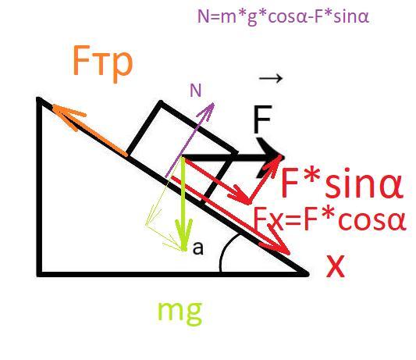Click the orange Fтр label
(102, 64)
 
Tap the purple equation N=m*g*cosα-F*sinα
(283, 16)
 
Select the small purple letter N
(196, 91)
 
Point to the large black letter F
(263, 119)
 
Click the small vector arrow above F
(271, 78)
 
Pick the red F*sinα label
(343, 184)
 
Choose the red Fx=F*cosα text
(330, 219)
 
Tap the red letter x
(336, 266)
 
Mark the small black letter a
(198, 248)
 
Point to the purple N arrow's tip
(213, 104)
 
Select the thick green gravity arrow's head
(183, 249)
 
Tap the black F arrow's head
(283, 158)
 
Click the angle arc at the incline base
(226, 250)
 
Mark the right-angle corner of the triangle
(40, 273)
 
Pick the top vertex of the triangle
(39, 99)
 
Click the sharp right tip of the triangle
(308, 273)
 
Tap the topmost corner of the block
(160, 102)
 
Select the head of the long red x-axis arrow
(287, 253)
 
